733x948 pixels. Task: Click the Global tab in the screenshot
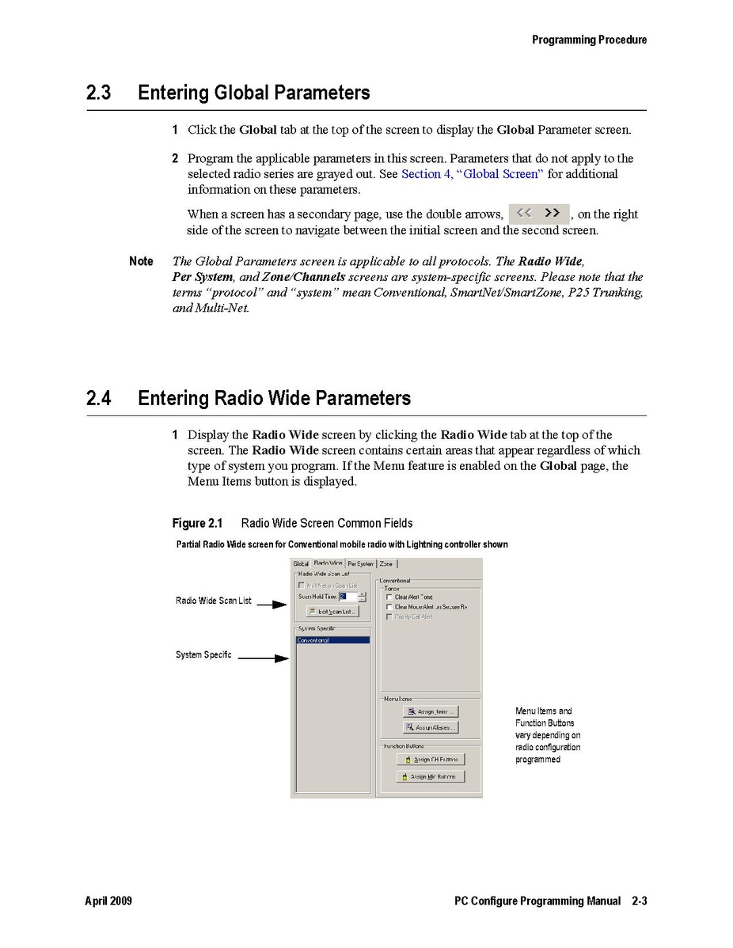(x=301, y=563)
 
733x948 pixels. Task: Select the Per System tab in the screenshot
(x=360, y=563)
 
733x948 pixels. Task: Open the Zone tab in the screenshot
(x=386, y=563)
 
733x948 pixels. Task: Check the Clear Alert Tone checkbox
(x=389, y=597)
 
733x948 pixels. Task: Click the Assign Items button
(x=431, y=711)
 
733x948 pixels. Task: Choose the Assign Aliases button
(x=431, y=727)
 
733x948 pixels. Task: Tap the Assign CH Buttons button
(x=431, y=760)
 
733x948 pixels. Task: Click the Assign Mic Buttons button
(x=431, y=777)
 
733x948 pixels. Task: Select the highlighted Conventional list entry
(x=332, y=640)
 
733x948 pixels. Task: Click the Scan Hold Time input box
(x=348, y=597)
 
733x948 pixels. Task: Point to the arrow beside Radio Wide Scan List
(x=272, y=605)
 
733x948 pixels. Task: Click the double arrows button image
(x=538, y=214)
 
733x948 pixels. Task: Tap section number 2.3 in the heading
(x=98, y=93)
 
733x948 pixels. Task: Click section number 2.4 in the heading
(x=98, y=398)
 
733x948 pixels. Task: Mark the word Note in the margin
(x=141, y=261)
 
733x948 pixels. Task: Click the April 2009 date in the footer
(x=108, y=901)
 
